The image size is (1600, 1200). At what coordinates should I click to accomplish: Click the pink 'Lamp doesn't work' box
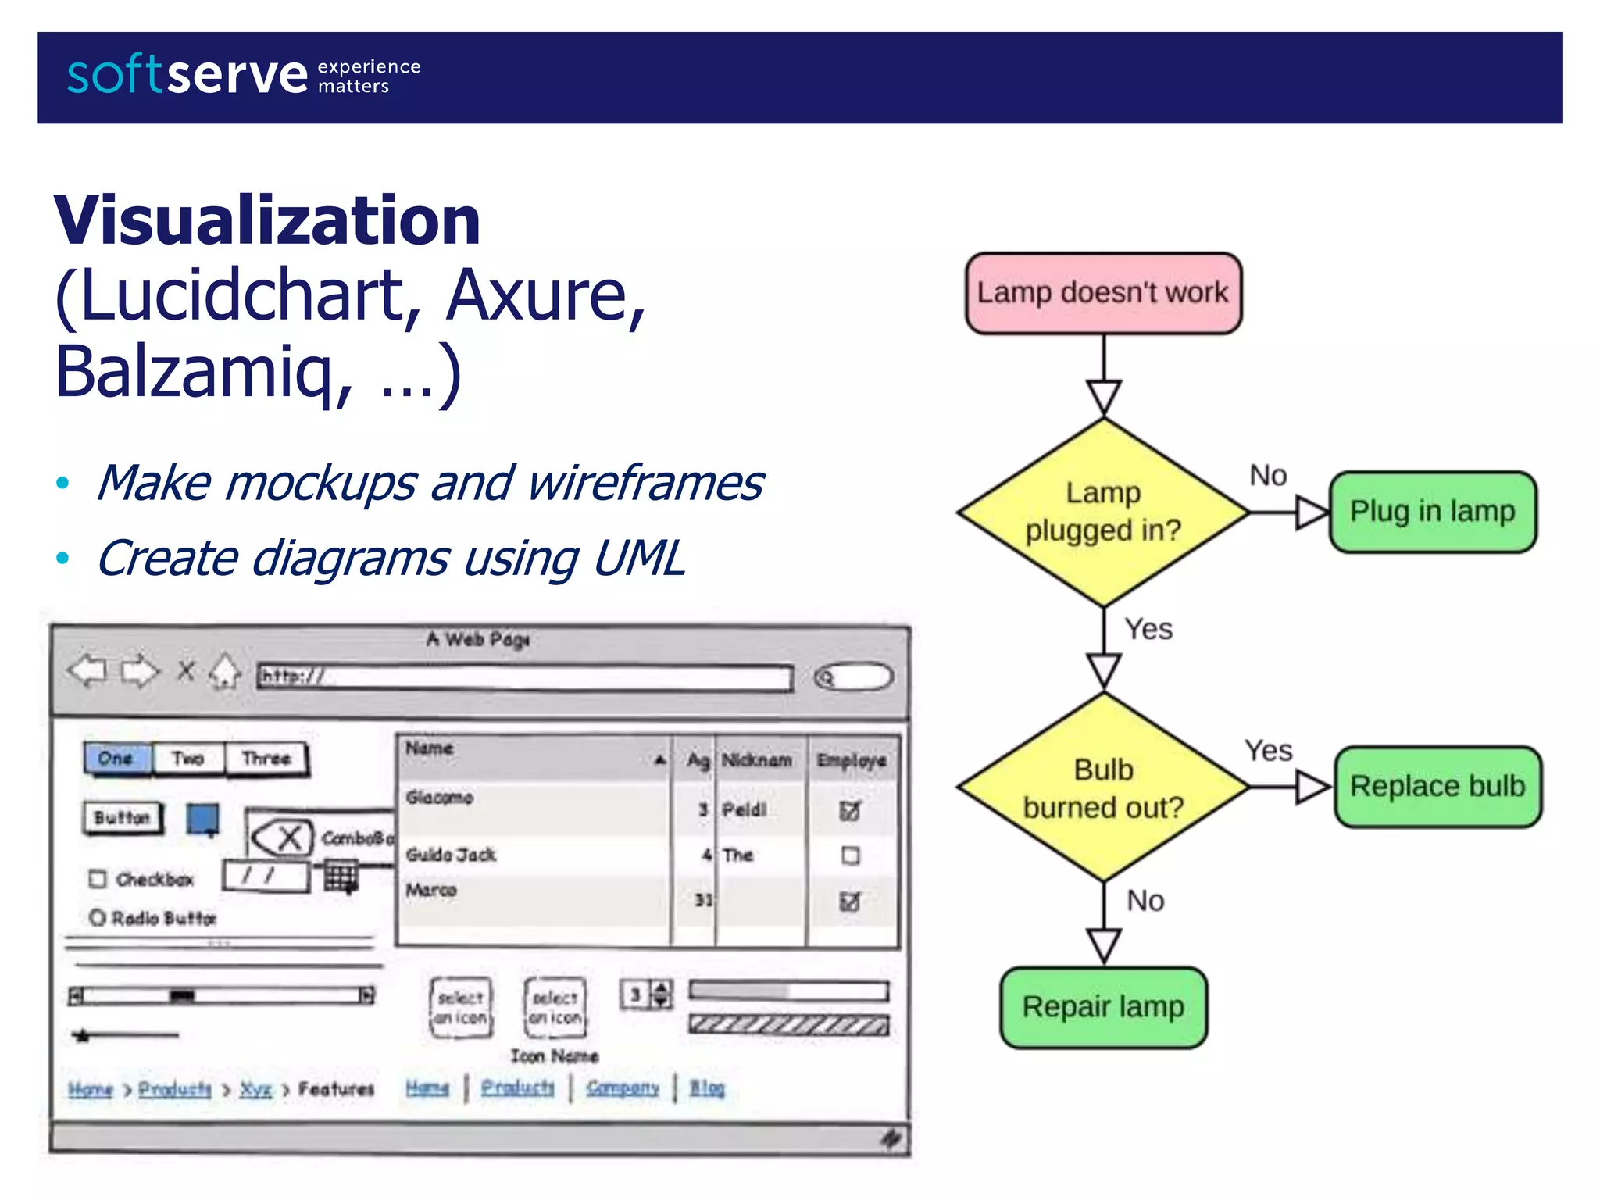pos(1103,293)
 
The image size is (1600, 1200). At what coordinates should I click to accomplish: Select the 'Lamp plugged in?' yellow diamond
pos(1103,512)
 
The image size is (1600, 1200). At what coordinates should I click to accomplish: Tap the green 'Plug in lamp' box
pos(1433,512)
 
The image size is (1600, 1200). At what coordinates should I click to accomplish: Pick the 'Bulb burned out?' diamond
pos(1103,787)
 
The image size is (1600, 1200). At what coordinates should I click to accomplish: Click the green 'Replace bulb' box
pos(1437,786)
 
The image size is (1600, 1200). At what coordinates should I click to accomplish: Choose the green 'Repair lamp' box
pos(1103,1007)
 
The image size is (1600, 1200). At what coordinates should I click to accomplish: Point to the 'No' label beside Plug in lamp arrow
pos(1268,475)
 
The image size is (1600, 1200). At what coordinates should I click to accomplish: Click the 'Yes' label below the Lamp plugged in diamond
pos(1148,629)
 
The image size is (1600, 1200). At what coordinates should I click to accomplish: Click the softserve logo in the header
pos(187,76)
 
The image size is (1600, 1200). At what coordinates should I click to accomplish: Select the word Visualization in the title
pos(267,221)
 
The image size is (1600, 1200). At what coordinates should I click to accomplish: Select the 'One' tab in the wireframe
pos(116,759)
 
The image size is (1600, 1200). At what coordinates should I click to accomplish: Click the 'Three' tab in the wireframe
pos(266,759)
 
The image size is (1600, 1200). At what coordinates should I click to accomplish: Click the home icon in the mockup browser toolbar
pos(225,670)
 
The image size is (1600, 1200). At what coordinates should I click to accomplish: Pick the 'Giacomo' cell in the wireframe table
pos(440,798)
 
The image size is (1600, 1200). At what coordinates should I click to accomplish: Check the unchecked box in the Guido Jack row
pos(851,855)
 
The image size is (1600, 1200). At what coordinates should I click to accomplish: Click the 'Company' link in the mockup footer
pos(623,1087)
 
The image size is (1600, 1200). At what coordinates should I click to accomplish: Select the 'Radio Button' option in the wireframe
pos(154,918)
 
